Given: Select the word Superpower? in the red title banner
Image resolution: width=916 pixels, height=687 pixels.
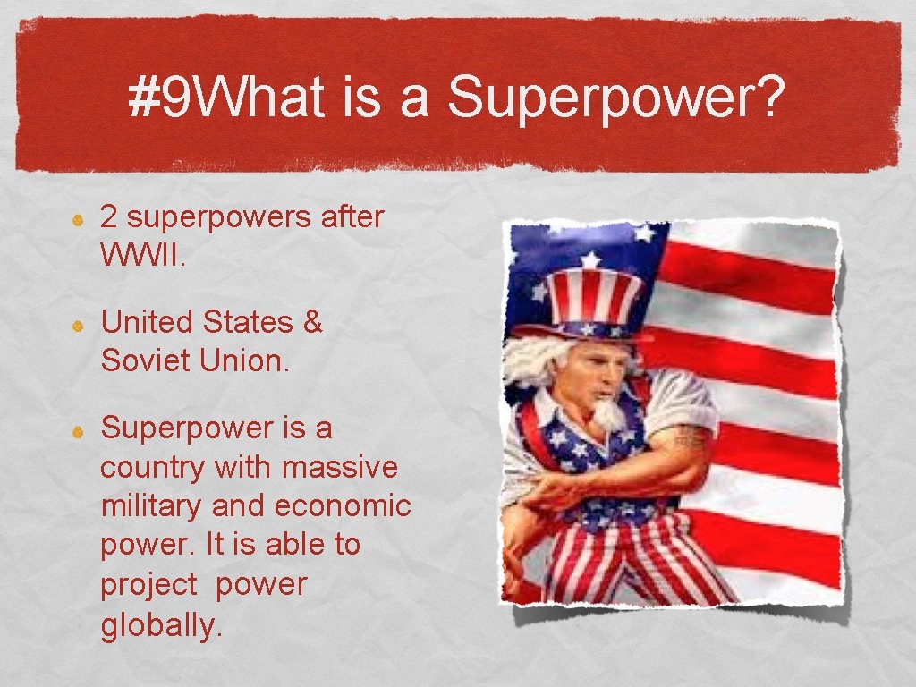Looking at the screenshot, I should [x=616, y=98].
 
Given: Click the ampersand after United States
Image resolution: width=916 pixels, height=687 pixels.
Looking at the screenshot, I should [x=312, y=322].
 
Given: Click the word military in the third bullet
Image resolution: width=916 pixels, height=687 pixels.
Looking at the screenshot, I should [x=151, y=505].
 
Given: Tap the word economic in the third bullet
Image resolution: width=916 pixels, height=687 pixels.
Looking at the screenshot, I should [x=343, y=505].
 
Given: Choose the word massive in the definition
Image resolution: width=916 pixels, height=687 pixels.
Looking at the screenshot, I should [x=340, y=467].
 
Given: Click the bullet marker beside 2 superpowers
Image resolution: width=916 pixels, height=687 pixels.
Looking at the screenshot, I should [x=78, y=219].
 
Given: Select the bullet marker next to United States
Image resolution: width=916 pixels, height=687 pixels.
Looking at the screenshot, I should [x=78, y=325].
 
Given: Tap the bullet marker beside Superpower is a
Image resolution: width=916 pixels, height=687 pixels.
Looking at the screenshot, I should [x=78, y=430].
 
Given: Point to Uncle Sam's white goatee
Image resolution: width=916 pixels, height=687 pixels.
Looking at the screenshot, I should [x=608, y=412].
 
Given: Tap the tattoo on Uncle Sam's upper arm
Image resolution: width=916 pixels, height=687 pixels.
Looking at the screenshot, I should [x=691, y=438].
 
